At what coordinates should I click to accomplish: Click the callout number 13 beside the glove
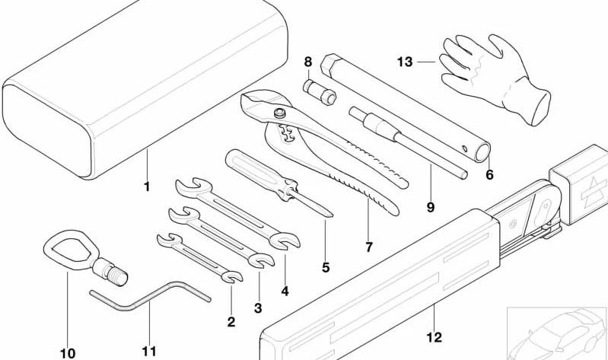point(405,62)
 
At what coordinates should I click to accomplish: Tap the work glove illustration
point(495,78)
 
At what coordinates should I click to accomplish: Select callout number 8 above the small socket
point(308,62)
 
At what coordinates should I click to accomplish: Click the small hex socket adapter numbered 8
point(320,91)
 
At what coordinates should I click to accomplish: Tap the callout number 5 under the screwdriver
point(326,267)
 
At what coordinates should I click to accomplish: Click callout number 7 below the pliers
point(369,247)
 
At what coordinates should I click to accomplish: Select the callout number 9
point(431,208)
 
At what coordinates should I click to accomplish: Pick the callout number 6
point(490,175)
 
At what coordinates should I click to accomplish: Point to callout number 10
point(68,353)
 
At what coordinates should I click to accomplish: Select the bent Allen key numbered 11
point(150,295)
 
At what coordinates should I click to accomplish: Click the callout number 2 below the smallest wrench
point(231,322)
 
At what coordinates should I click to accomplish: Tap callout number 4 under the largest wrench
point(285,291)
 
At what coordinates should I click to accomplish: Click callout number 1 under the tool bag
point(147,186)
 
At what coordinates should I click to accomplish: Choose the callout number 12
point(435,337)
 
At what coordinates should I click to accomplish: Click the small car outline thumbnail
point(557,333)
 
